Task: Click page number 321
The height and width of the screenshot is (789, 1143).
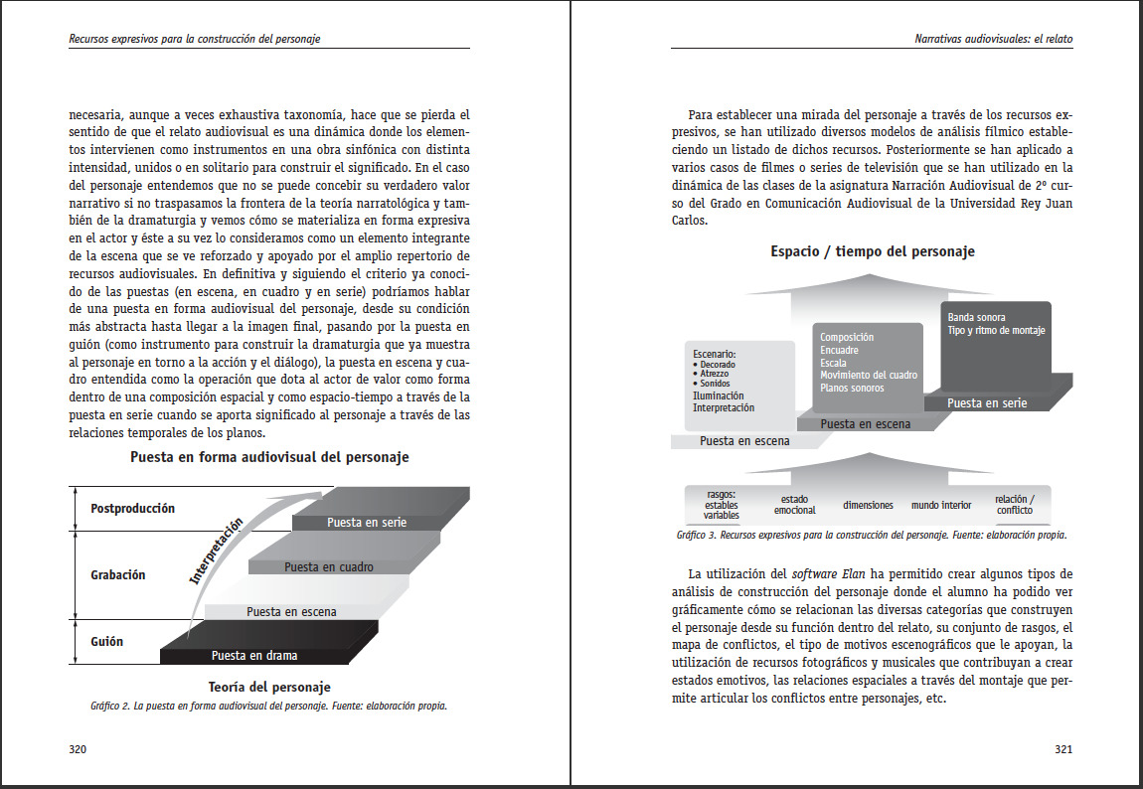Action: pyautogui.click(x=1062, y=749)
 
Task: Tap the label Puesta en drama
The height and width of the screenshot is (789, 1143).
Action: pyautogui.click(x=254, y=656)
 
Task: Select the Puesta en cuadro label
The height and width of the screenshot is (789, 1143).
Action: pyautogui.click(x=329, y=567)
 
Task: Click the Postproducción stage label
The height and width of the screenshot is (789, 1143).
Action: pyautogui.click(x=132, y=509)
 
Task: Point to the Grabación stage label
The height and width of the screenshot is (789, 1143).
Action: pyautogui.click(x=118, y=575)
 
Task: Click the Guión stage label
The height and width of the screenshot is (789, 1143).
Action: pyautogui.click(x=107, y=642)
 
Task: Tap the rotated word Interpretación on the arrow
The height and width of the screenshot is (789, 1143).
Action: pyautogui.click(x=216, y=550)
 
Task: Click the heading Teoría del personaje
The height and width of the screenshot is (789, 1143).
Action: pyautogui.click(x=269, y=687)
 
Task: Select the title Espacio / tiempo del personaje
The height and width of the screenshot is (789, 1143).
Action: pyautogui.click(x=873, y=251)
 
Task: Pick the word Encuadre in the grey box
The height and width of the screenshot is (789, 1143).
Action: pyautogui.click(x=840, y=351)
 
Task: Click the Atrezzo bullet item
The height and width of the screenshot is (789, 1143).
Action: pyautogui.click(x=714, y=374)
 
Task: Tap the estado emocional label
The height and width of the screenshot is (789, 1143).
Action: pyautogui.click(x=794, y=505)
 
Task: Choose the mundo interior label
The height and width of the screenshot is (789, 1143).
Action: pyautogui.click(x=941, y=505)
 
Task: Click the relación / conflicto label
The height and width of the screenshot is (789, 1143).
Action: pyautogui.click(x=1015, y=505)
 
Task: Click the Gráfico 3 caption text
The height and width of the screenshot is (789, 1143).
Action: pyautogui.click(x=871, y=535)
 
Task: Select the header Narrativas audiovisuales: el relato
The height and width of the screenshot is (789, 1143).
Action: pyautogui.click(x=993, y=40)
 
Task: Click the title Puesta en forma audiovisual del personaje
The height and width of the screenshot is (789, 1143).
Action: pyautogui.click(x=269, y=458)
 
